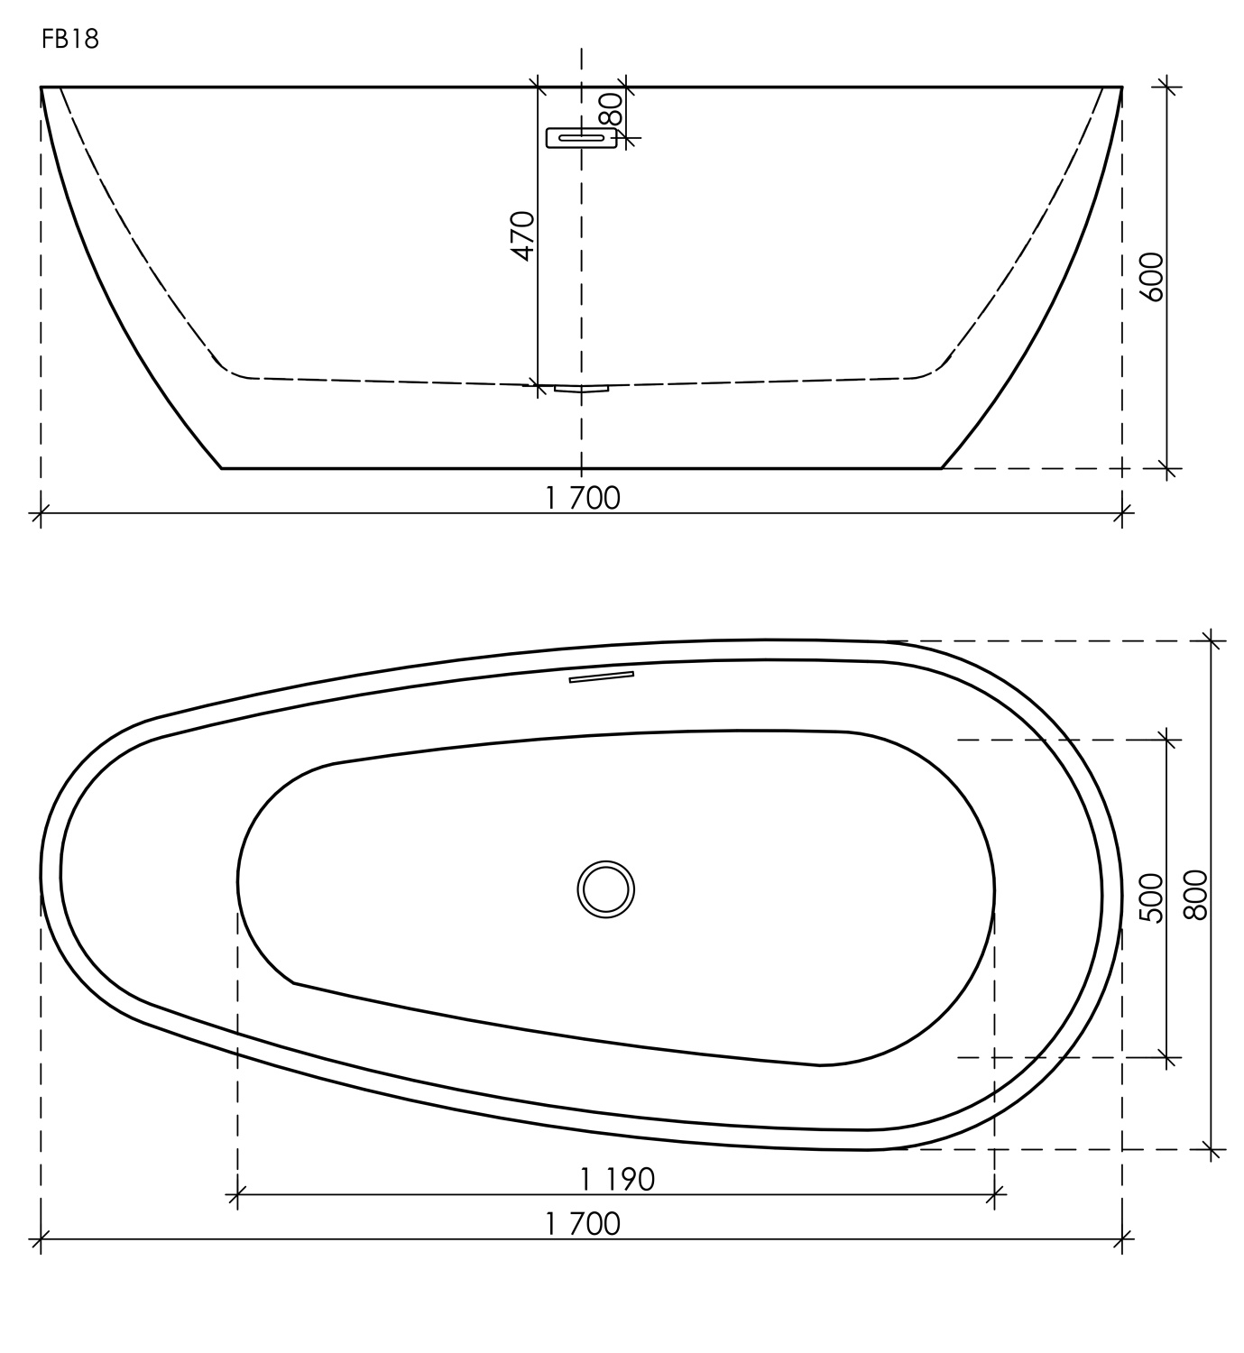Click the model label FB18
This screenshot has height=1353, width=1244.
pyautogui.click(x=69, y=41)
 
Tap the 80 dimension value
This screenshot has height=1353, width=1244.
pyautogui.click(x=612, y=109)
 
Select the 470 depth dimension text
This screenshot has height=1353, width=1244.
pyautogui.click(x=523, y=236)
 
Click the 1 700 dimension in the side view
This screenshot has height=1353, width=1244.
pyautogui.click(x=583, y=498)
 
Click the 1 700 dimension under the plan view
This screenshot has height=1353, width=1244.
pyautogui.click(x=583, y=1224)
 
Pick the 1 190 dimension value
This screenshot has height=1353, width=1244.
pyautogui.click(x=617, y=1179)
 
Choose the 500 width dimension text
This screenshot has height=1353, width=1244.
pyautogui.click(x=1152, y=897)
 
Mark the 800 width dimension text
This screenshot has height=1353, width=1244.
pyautogui.click(x=1195, y=894)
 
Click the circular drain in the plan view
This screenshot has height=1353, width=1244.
pyautogui.click(x=606, y=888)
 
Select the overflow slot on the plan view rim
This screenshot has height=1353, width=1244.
pyautogui.click(x=601, y=676)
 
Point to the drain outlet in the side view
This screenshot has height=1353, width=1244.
pyautogui.click(x=582, y=389)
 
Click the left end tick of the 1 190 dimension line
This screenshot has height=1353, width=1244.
pyautogui.click(x=236, y=1196)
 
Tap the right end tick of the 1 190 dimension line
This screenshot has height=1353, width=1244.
pyautogui.click(x=994, y=1196)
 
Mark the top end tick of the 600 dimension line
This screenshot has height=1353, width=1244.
pyautogui.click(x=1168, y=87)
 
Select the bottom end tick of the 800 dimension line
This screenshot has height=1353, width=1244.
pyautogui.click(x=1212, y=1149)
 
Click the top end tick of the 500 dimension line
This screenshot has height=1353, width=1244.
pyautogui.click(x=1168, y=741)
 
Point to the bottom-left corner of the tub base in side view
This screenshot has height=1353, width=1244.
pyautogui.click(x=223, y=468)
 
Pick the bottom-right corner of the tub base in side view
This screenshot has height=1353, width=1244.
pyautogui.click(x=942, y=468)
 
